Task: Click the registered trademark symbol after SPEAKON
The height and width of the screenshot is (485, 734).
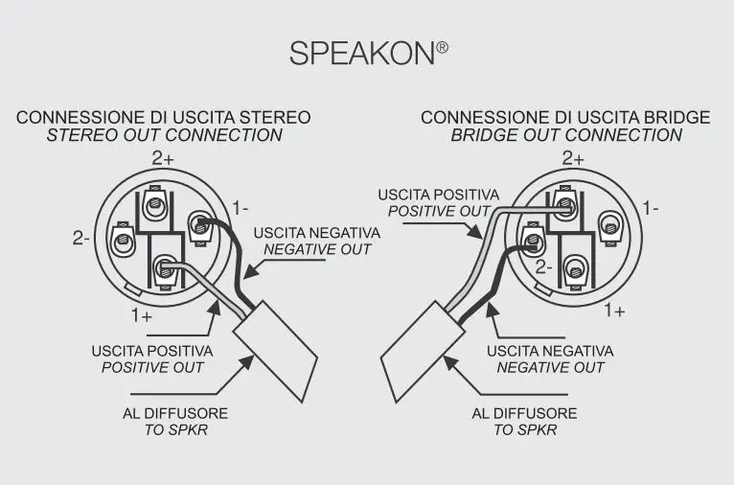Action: [x=442, y=45]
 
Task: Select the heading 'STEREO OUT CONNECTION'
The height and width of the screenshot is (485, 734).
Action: [x=164, y=135]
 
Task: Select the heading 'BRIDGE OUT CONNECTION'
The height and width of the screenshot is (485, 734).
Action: [x=566, y=135]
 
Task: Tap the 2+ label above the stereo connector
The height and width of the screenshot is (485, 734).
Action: [x=162, y=158]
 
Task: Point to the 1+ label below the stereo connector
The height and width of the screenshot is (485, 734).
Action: [x=143, y=313]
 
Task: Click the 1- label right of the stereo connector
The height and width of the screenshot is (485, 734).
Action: [x=241, y=206]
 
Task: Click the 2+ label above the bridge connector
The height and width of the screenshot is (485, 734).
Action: [x=573, y=158]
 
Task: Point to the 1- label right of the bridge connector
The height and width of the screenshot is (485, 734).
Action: [x=651, y=207]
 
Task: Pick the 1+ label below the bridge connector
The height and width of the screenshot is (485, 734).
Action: [x=614, y=311]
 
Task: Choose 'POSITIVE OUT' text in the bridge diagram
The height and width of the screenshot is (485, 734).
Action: [x=438, y=211]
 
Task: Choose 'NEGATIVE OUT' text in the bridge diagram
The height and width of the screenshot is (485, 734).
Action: [x=550, y=368]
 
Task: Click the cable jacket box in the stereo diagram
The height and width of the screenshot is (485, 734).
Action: [x=275, y=348]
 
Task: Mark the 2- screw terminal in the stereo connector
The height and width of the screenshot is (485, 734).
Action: [x=123, y=238]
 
